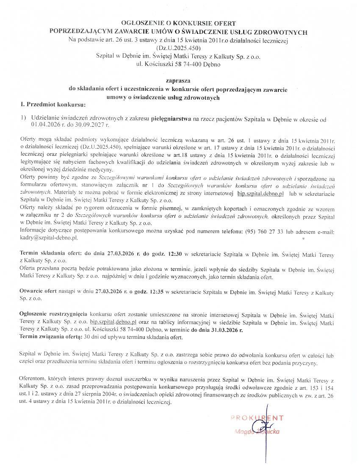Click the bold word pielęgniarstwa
pyautogui.click(x=171, y=120)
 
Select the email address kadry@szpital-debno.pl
pyautogui.click(x=49, y=238)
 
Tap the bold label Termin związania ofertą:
pyautogui.click(x=51, y=337)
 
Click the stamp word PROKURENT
pyautogui.click(x=257, y=418)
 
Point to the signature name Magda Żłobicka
pyautogui.click(x=258, y=432)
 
